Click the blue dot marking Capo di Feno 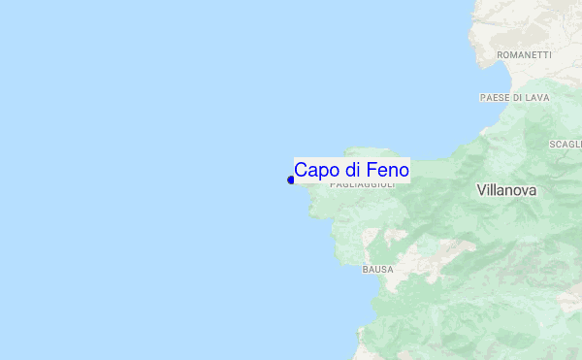[291, 180]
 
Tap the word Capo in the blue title [313, 170]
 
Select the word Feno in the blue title [386, 170]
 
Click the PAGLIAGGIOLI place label [363, 184]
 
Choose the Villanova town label [506, 191]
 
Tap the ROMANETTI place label [524, 55]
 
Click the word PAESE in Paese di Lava [496, 98]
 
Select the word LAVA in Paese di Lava [537, 98]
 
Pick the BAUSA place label [377, 269]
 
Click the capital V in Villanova [482, 191]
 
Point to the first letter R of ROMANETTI [500, 55]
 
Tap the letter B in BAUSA [366, 269]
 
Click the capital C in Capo [301, 170]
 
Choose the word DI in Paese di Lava [519, 98]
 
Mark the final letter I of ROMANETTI [549, 55]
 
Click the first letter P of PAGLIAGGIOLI [333, 184]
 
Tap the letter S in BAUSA [383, 269]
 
